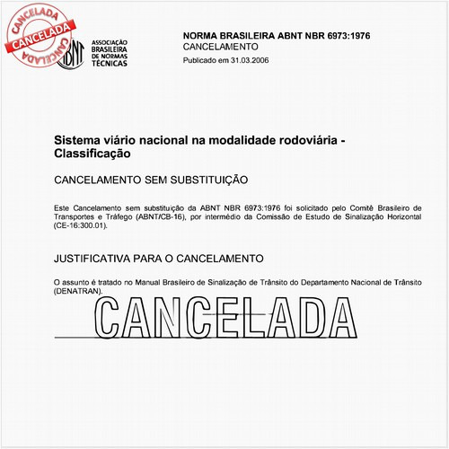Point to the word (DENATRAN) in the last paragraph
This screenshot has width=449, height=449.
coord(78,292)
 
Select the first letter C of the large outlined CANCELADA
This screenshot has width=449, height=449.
coord(114,315)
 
